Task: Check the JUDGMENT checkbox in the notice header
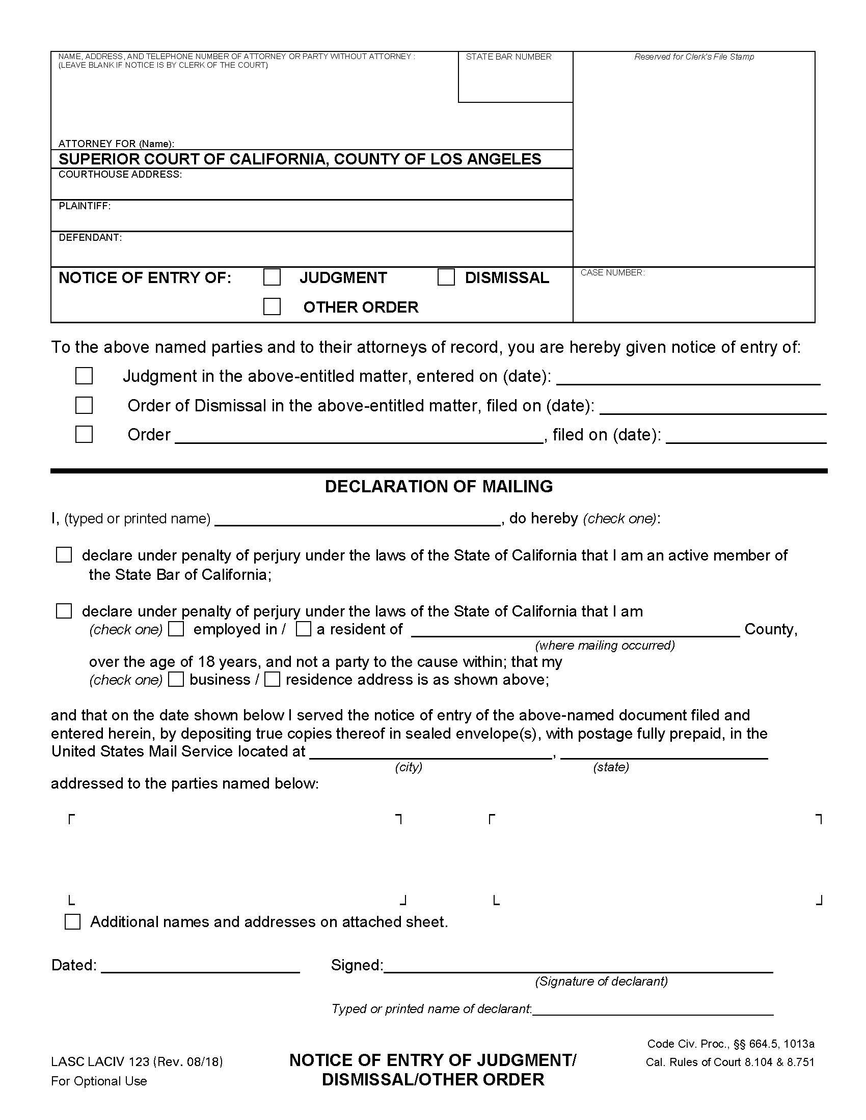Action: click(x=272, y=277)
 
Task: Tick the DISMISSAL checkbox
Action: click(x=446, y=277)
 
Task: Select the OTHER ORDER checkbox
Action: click(x=272, y=306)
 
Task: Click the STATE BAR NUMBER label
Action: click(x=508, y=57)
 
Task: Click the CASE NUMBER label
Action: click(x=612, y=273)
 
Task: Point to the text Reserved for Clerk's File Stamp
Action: click(x=694, y=57)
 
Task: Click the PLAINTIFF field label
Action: click(x=85, y=206)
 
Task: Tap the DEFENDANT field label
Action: click(x=90, y=238)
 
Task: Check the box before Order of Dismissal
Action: click(x=84, y=405)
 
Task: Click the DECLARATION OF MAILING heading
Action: click(x=439, y=486)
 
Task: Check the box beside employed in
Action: click(x=176, y=629)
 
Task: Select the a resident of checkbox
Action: click(x=304, y=629)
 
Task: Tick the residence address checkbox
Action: click(x=272, y=680)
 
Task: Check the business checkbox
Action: click(x=176, y=680)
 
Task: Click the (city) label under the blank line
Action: click(x=409, y=767)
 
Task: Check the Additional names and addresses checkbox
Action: click(x=73, y=921)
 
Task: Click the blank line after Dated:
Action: click(x=200, y=967)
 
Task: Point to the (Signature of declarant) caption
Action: click(x=601, y=982)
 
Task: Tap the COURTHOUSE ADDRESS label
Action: click(x=120, y=174)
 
